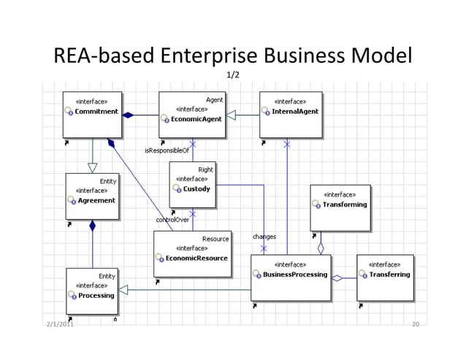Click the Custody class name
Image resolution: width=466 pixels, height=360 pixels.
(x=196, y=189)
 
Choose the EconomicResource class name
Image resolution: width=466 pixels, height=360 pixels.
(x=196, y=258)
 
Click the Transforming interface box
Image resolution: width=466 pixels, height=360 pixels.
(x=340, y=206)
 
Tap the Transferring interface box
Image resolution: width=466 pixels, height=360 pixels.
(x=385, y=276)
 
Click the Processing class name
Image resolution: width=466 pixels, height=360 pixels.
(x=96, y=295)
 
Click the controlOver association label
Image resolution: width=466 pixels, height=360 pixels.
(x=172, y=219)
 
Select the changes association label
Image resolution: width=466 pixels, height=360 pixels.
(x=264, y=237)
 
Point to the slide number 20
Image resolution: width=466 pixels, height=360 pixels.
(x=416, y=323)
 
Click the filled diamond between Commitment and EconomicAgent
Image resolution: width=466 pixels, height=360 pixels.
(x=128, y=115)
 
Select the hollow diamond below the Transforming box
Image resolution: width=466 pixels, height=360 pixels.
(x=321, y=247)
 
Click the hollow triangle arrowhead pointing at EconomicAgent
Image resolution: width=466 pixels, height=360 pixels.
(x=231, y=115)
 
